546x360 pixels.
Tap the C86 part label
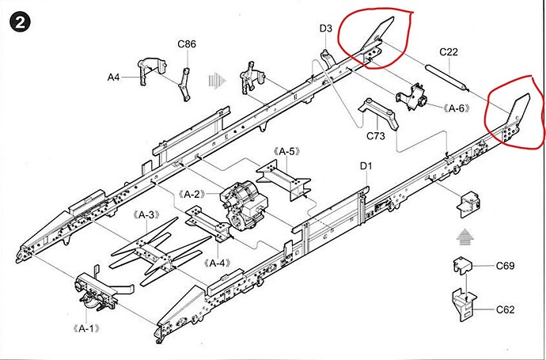coord(187,45)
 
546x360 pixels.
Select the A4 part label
coord(114,77)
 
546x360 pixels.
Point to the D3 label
coord(326,28)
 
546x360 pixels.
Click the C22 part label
coord(449,52)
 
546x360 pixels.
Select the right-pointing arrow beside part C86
coord(213,79)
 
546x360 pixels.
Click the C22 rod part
coord(447,76)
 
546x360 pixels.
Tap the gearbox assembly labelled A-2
coord(240,201)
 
